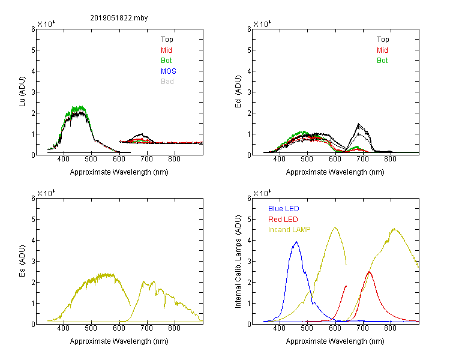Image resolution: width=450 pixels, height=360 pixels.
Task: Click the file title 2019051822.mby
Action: (x=119, y=18)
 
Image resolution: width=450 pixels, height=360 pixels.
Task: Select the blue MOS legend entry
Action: (x=169, y=71)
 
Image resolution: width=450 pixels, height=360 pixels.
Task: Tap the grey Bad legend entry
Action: (x=167, y=82)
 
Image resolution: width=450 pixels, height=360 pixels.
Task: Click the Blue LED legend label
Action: (x=284, y=209)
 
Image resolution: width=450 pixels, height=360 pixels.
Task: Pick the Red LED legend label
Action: (x=283, y=220)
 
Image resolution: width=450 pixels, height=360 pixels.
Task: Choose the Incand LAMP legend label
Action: (x=289, y=230)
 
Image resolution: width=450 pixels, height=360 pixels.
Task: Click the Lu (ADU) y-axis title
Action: (x=22, y=92)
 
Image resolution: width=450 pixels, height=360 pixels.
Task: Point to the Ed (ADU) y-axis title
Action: (x=238, y=92)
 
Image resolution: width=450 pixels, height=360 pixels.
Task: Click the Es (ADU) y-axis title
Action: (x=22, y=261)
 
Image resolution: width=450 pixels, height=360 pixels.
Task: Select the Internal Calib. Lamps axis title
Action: (x=238, y=262)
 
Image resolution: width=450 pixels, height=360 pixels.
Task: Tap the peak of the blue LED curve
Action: (x=296, y=242)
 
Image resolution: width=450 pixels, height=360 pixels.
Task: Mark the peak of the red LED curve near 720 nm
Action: (x=369, y=272)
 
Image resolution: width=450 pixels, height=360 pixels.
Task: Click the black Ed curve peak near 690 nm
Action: (x=358, y=124)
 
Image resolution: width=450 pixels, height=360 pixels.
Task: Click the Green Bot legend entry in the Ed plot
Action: (x=382, y=61)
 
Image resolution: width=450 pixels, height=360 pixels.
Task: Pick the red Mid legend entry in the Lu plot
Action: (x=166, y=50)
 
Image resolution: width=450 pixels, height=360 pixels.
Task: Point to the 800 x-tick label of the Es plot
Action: (x=174, y=328)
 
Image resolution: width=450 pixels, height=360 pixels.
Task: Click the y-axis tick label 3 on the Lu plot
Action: (x=33, y=92)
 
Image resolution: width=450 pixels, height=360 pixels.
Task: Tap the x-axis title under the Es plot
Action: (x=119, y=341)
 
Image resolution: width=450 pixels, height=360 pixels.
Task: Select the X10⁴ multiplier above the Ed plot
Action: (x=262, y=24)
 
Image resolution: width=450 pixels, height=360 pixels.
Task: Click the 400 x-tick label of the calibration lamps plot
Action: (x=279, y=328)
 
